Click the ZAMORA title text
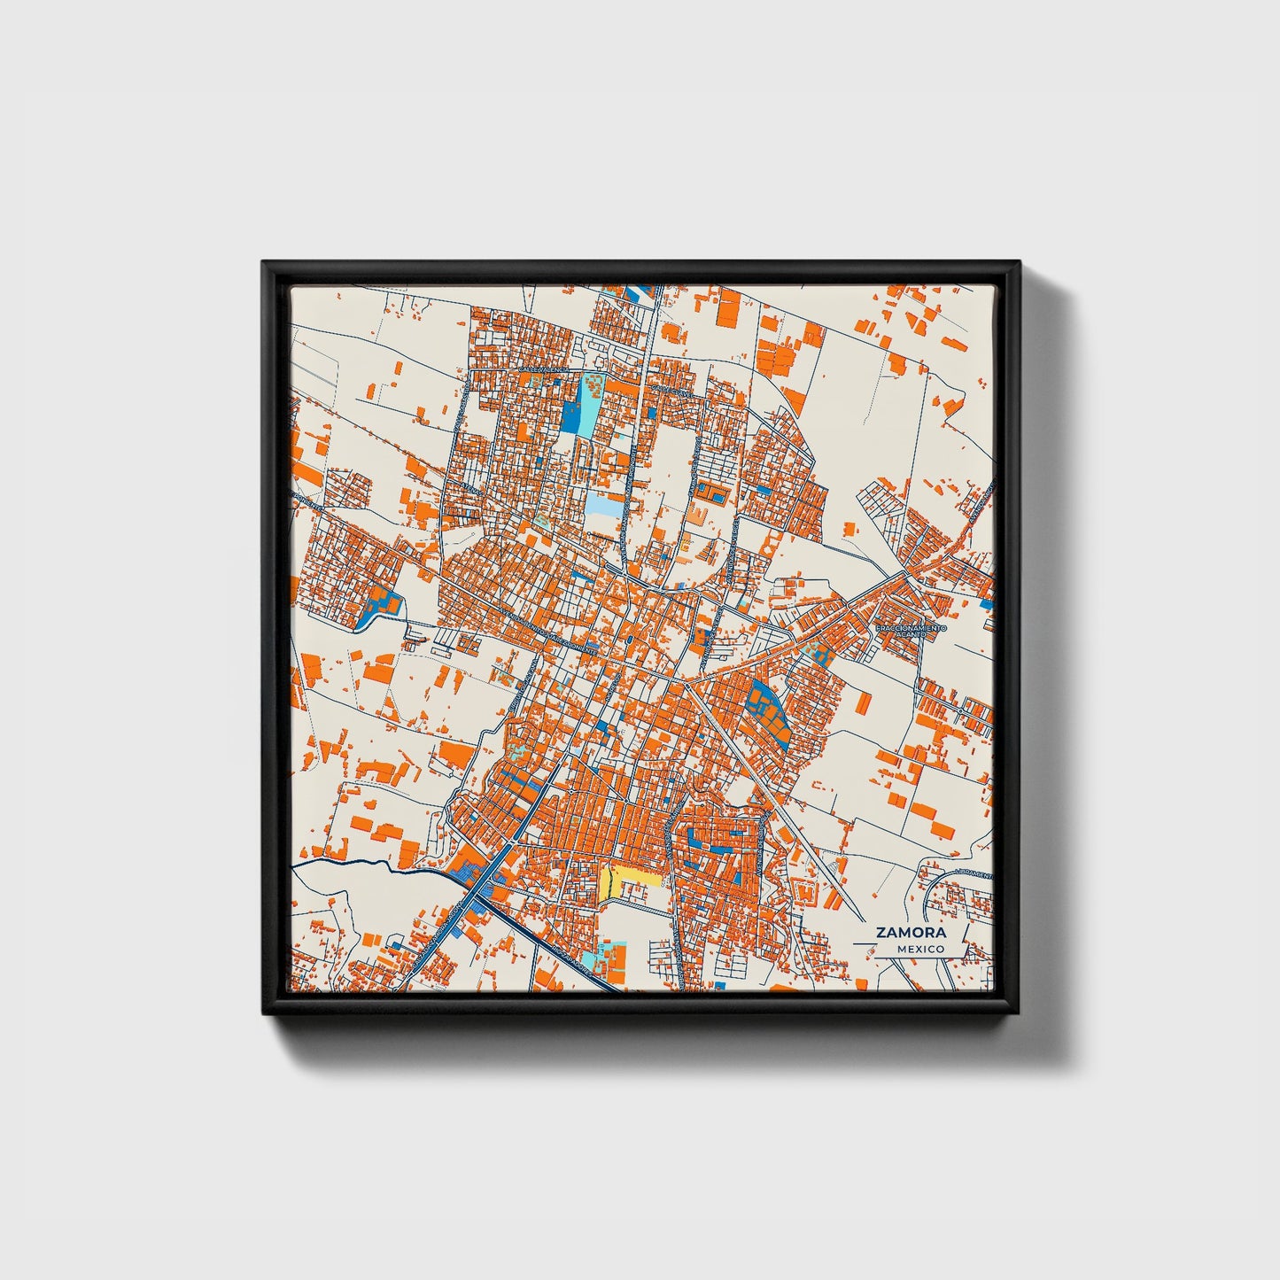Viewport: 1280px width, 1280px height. pyautogui.click(x=911, y=932)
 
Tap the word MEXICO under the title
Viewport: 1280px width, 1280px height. pyautogui.click(x=919, y=949)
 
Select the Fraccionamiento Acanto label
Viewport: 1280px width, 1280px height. pyautogui.click(x=911, y=632)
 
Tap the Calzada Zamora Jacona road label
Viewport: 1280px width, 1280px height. pyautogui.click(x=443, y=921)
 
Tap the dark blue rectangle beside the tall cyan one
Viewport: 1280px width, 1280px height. pyautogui.click(x=569, y=416)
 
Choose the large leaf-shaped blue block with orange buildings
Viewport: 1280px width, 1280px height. pyautogui.click(x=767, y=708)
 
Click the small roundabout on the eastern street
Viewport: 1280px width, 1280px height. pyautogui.click(x=962, y=711)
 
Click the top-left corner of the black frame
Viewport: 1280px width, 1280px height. pyautogui.click(x=265, y=264)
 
